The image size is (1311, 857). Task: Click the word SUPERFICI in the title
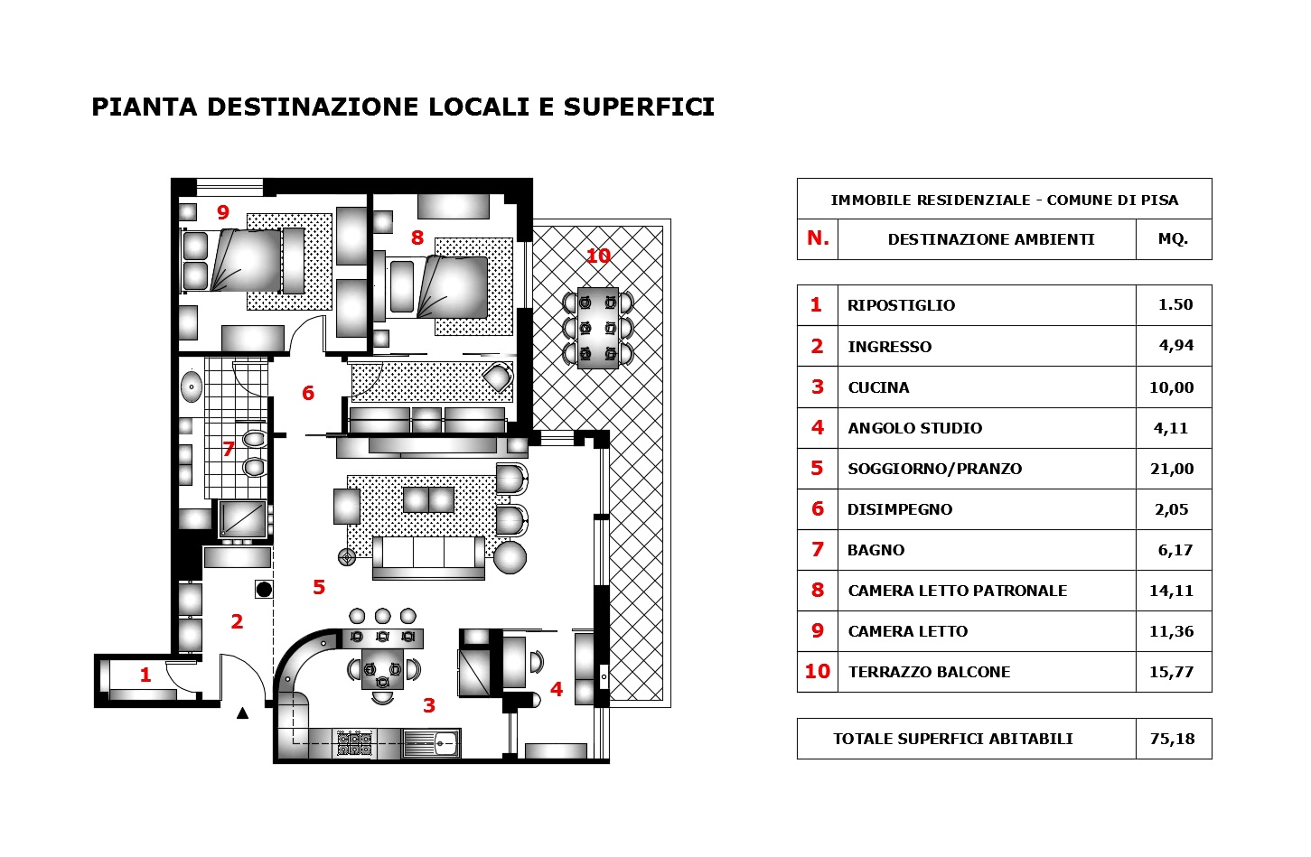click(x=639, y=107)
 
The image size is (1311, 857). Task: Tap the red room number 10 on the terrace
click(x=598, y=256)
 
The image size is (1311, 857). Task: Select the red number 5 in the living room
click(x=319, y=588)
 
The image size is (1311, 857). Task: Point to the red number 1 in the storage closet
click(x=145, y=675)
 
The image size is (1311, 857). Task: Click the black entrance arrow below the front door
click(x=242, y=713)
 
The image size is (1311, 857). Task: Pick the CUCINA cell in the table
click(x=878, y=387)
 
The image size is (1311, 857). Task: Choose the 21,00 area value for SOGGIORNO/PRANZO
click(x=1172, y=469)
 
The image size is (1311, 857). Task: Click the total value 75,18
click(x=1172, y=739)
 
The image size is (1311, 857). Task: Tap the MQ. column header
click(x=1173, y=239)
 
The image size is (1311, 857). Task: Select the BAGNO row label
click(x=876, y=550)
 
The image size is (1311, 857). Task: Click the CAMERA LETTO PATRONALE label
click(x=957, y=591)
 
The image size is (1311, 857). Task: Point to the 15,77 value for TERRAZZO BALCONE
click(x=1172, y=672)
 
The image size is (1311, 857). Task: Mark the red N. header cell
click(x=818, y=238)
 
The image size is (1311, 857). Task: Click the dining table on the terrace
click(x=598, y=328)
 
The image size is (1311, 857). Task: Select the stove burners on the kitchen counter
click(x=354, y=744)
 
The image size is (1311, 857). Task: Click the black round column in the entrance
click(x=264, y=590)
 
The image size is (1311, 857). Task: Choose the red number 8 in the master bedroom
click(x=417, y=238)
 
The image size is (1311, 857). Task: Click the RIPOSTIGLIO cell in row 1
click(x=901, y=305)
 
